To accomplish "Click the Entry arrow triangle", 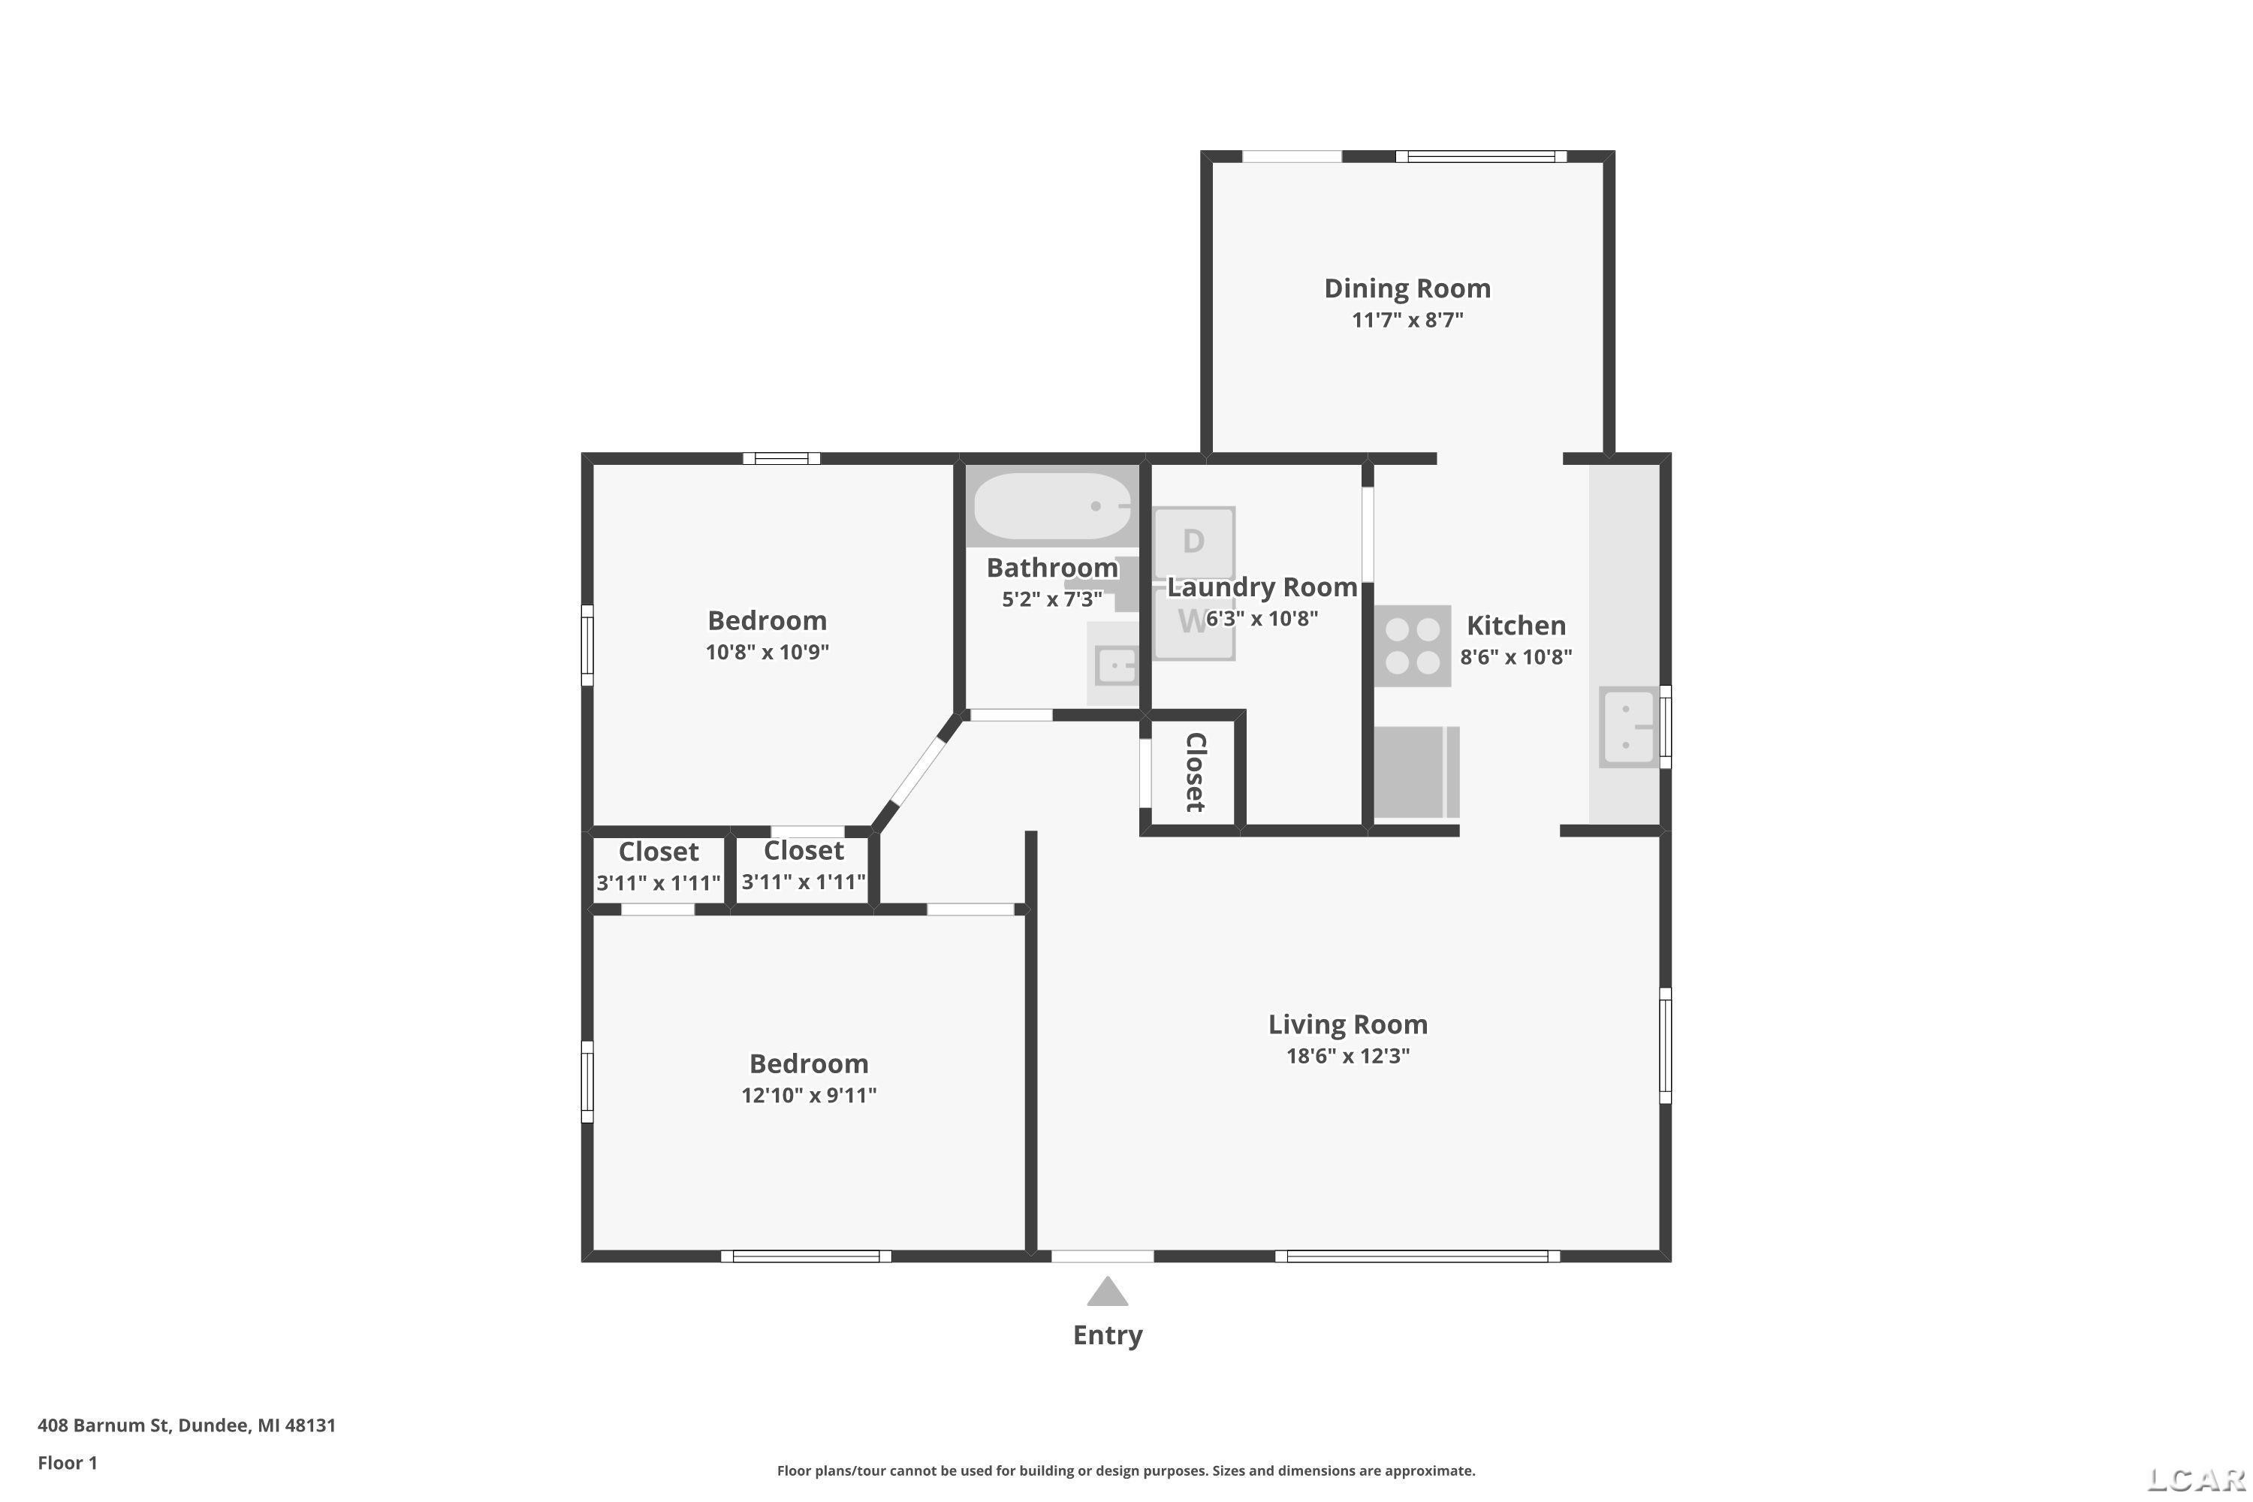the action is (1107, 1292).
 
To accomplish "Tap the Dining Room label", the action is (1407, 288).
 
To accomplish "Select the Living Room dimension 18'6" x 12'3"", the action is (1348, 1057).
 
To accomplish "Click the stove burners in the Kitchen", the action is (1413, 646).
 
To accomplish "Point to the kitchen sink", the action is (1628, 727).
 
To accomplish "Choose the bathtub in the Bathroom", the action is (1053, 505).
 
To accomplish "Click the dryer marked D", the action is (1193, 542).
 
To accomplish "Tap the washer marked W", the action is (1193, 623).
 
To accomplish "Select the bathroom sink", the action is (1114, 663).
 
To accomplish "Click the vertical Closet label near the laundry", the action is (1196, 772).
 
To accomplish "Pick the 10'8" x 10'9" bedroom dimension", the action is (768, 653).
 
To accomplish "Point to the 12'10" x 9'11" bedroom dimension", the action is (809, 1095).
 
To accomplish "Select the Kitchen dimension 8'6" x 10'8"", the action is (1516, 657).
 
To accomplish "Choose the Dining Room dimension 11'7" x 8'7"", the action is (1407, 320).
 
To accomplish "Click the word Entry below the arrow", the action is (1107, 1335).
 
